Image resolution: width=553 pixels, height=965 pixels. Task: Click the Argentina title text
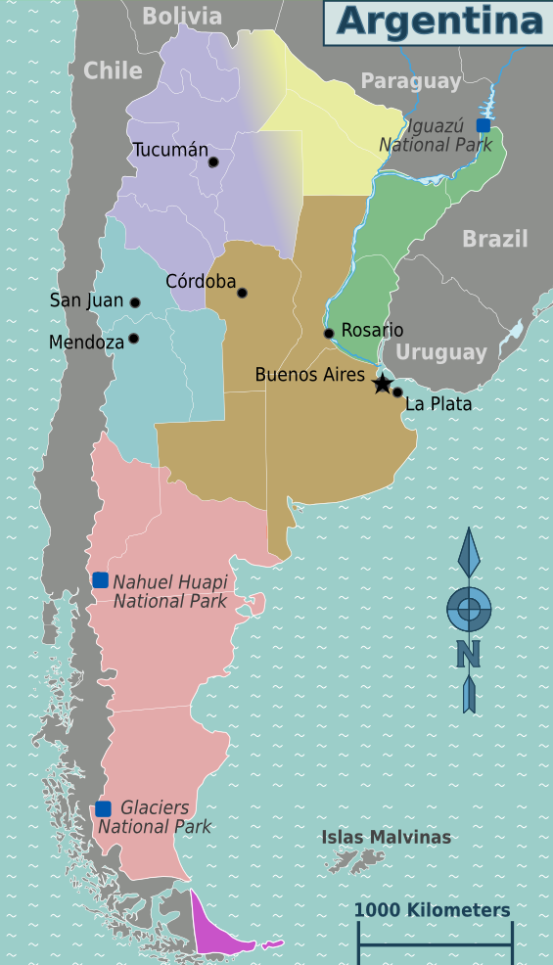tap(438, 22)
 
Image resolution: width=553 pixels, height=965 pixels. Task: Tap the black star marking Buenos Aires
tap(383, 385)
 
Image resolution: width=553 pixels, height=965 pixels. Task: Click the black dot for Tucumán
tap(213, 161)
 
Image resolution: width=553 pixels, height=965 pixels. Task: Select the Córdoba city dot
tap(242, 293)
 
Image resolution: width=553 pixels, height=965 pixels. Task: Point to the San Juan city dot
tap(135, 302)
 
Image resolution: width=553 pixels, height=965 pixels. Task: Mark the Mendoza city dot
tap(133, 339)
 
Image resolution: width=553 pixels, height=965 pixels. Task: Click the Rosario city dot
tap(329, 334)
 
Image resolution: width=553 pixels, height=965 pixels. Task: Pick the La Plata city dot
tap(397, 392)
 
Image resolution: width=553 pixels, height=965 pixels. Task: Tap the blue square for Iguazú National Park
tap(483, 125)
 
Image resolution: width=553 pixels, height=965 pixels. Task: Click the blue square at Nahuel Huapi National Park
tap(100, 580)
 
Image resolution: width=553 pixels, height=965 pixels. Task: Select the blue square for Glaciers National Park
tap(103, 808)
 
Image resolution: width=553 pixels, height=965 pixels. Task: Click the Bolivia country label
tap(182, 17)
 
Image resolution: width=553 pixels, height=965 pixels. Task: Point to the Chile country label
tap(113, 70)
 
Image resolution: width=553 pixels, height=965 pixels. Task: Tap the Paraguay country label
tap(410, 81)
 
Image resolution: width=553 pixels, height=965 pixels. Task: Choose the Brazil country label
tap(494, 239)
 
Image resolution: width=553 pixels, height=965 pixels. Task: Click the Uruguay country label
tap(441, 352)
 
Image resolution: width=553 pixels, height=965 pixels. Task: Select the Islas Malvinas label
tap(387, 837)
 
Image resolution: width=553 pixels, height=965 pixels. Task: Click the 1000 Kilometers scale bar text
tap(432, 910)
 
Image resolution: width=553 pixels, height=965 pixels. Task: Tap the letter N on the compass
tap(469, 652)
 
